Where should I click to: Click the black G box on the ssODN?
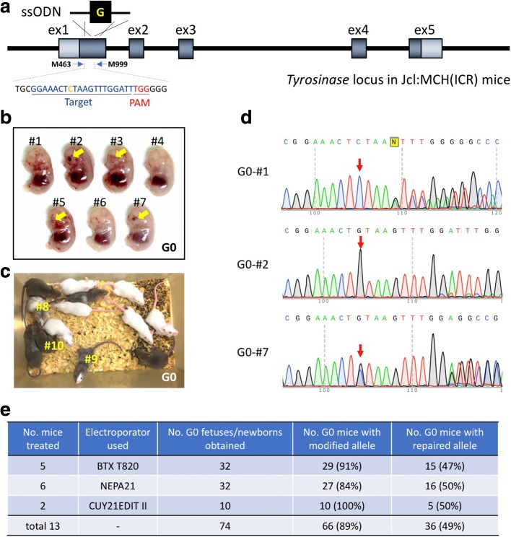(x=100, y=12)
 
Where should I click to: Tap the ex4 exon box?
(x=359, y=49)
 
